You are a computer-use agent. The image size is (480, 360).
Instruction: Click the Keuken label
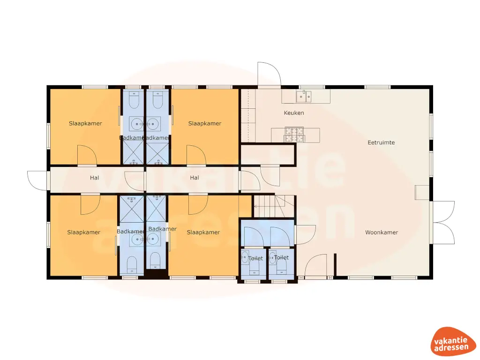click(294, 113)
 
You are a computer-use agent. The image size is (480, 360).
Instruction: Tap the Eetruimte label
click(381, 142)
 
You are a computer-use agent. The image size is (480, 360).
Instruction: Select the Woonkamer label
click(382, 232)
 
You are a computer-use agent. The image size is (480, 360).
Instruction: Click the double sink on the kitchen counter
click(303, 97)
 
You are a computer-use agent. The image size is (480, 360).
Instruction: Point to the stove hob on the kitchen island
click(294, 135)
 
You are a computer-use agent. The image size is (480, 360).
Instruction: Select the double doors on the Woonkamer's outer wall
click(442, 222)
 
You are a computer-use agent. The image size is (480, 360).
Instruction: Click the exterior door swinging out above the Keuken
click(269, 75)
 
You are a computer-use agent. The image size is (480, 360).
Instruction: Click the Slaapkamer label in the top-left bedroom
click(85, 123)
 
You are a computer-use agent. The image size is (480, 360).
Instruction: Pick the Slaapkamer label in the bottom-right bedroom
click(203, 232)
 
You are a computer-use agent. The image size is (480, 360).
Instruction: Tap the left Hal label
click(95, 178)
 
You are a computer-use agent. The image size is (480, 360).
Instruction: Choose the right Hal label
click(195, 178)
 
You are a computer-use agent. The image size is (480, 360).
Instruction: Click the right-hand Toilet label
click(281, 258)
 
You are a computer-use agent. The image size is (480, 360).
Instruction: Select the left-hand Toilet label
click(255, 258)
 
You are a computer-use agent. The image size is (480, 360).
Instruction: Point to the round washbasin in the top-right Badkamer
click(153, 124)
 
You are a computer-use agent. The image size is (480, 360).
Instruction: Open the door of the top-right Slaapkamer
click(196, 155)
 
